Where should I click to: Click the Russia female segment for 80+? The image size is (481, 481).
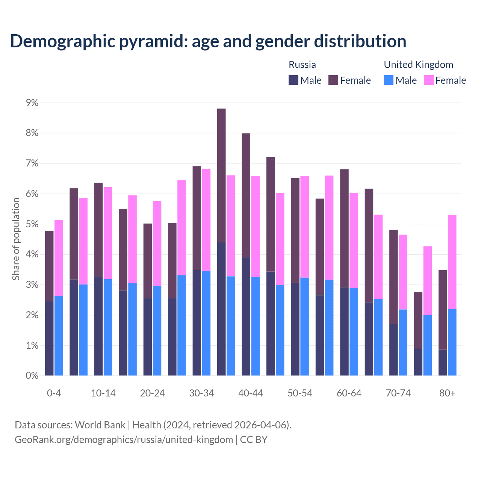(443, 310)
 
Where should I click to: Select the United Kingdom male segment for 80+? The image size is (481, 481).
(452, 342)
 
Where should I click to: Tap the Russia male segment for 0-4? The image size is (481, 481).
(49, 338)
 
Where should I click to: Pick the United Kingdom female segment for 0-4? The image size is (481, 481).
(59, 258)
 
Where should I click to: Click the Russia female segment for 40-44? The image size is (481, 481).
(246, 195)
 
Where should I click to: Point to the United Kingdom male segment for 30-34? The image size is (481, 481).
(206, 323)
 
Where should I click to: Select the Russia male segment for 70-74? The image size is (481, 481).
(393, 349)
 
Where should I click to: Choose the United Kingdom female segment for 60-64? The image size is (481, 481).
(354, 240)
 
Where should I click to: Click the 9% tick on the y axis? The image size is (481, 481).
(32, 103)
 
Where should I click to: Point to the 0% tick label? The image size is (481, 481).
(32, 375)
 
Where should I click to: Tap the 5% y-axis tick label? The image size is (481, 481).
(32, 224)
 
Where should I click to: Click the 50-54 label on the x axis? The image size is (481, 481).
(300, 393)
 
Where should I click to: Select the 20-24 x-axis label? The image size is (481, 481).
(152, 393)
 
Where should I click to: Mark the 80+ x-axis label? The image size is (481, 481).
(447, 393)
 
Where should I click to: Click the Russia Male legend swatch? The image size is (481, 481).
(293, 80)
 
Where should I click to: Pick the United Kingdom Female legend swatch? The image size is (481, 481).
(429, 80)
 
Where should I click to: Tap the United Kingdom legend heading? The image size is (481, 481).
(418, 65)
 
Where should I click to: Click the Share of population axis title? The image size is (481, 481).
(16, 239)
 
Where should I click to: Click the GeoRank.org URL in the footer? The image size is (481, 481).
(124, 439)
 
